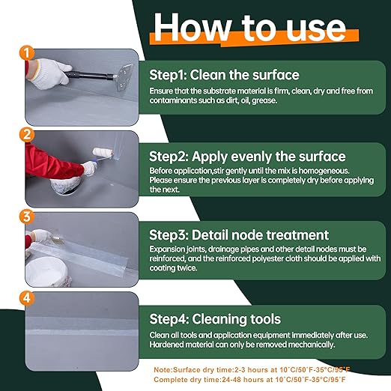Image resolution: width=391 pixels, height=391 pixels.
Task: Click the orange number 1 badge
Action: click(x=27, y=52)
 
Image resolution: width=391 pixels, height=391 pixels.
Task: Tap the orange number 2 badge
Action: click(x=27, y=134)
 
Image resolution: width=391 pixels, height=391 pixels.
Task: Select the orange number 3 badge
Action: click(x=27, y=216)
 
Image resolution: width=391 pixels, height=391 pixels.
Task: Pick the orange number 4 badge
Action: click(x=27, y=298)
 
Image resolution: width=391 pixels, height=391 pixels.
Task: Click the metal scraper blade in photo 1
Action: click(x=124, y=77)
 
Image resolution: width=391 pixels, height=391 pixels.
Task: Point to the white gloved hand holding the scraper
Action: click(x=49, y=73)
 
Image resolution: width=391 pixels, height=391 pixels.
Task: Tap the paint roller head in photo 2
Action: click(x=103, y=153)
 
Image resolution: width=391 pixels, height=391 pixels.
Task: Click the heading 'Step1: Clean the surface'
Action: click(x=224, y=75)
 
